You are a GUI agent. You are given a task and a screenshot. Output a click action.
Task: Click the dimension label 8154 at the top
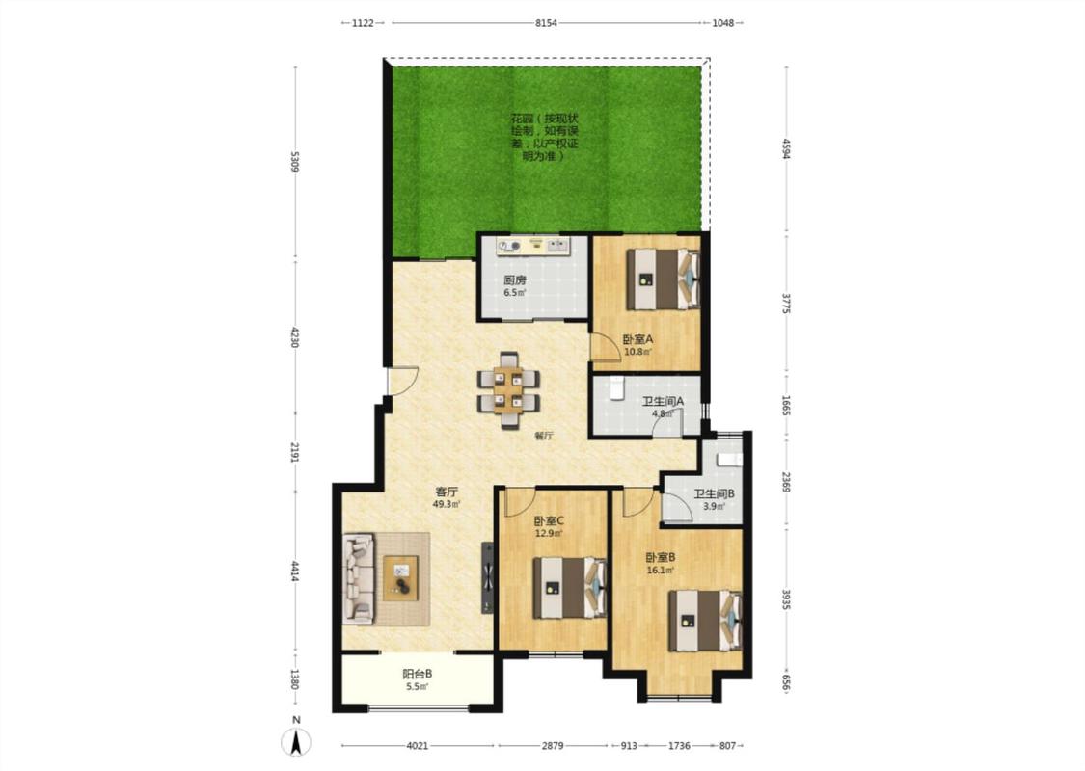click(x=547, y=23)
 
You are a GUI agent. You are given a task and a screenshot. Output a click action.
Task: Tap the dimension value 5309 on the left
click(x=295, y=161)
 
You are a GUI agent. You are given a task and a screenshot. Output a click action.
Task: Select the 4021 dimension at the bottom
click(x=418, y=745)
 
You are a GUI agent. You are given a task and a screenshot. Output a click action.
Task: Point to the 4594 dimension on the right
click(x=786, y=148)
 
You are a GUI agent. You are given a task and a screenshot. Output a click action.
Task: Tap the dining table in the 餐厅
click(x=508, y=390)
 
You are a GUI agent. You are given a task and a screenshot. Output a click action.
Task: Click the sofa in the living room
click(x=359, y=578)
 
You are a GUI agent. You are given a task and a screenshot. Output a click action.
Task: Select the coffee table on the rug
click(x=402, y=578)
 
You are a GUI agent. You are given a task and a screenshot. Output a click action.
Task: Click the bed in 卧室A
click(x=663, y=279)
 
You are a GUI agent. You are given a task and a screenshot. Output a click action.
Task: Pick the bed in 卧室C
click(x=569, y=588)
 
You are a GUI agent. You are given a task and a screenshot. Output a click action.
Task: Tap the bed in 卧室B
click(x=704, y=621)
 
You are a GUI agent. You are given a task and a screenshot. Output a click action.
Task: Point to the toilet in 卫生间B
click(x=729, y=459)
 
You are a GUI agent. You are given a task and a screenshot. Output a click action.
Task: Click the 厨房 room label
click(x=515, y=280)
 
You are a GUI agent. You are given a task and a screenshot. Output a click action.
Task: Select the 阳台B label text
click(x=418, y=674)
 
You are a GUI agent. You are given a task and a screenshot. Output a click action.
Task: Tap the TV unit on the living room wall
click(x=488, y=577)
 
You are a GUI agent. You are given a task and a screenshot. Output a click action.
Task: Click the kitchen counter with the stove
click(x=533, y=246)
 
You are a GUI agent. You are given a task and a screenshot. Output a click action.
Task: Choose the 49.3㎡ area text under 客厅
click(x=447, y=504)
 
